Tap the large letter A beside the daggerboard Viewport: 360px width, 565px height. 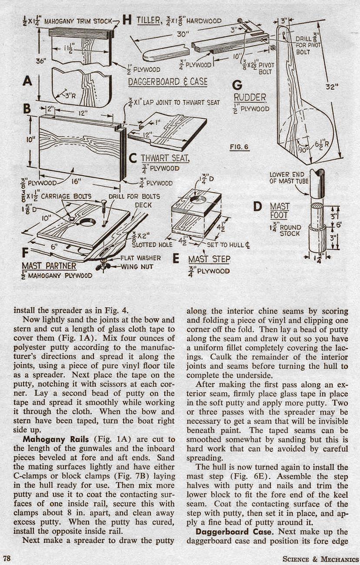click(x=28, y=80)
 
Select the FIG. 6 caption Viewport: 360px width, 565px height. click(x=240, y=147)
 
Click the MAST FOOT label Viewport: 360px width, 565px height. click(x=280, y=211)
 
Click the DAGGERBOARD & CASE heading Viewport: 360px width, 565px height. click(x=168, y=81)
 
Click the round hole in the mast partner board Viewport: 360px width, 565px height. click(x=87, y=222)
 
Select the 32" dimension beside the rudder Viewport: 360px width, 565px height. click(x=332, y=87)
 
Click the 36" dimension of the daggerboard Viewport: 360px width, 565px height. click(x=41, y=61)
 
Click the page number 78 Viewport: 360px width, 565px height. click(x=7, y=558)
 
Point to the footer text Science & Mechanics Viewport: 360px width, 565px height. click(x=320, y=559)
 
